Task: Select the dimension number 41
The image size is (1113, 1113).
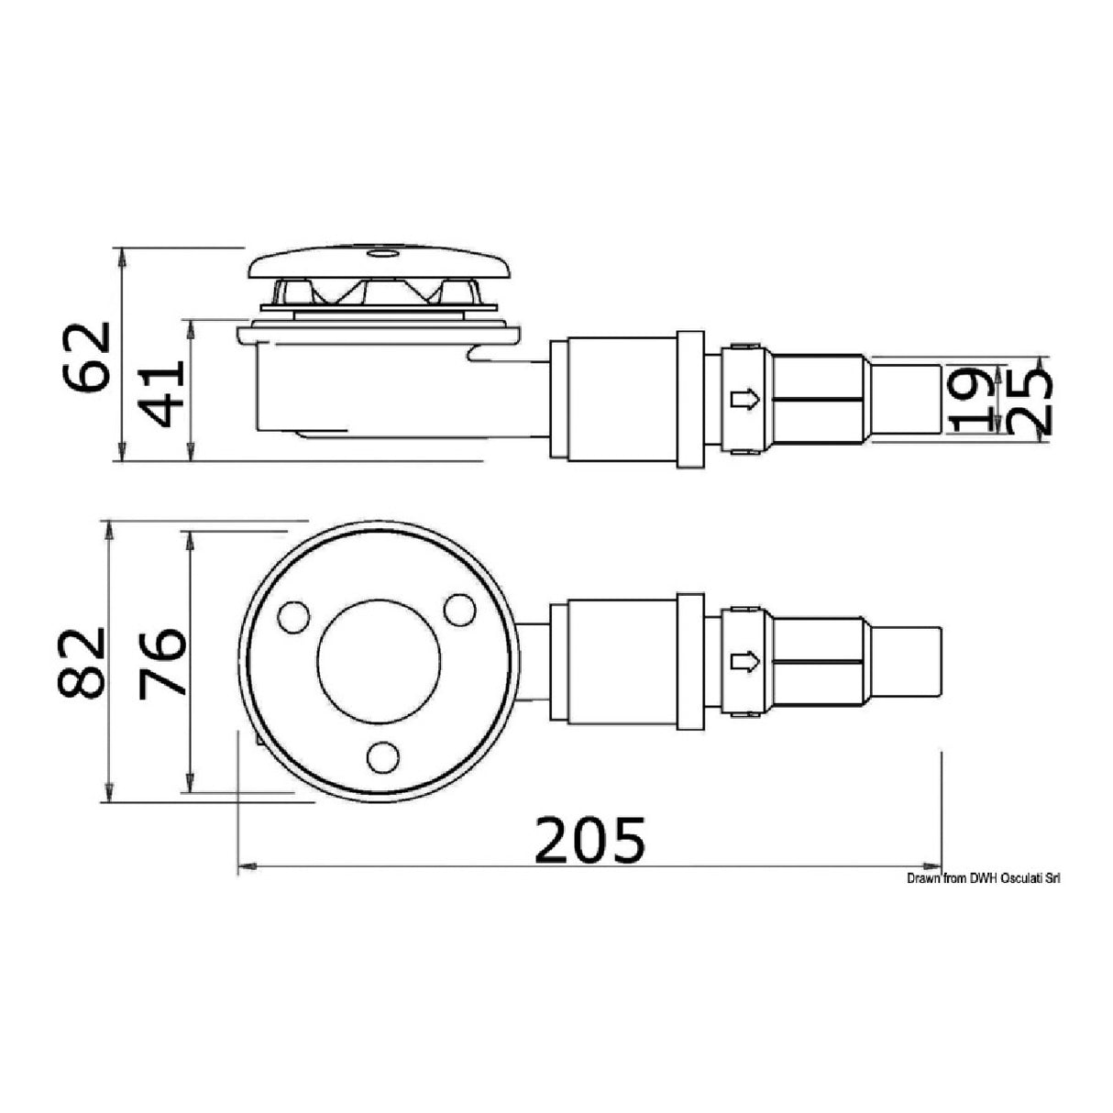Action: (x=165, y=392)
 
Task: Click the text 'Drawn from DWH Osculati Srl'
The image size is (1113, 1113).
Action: (x=983, y=878)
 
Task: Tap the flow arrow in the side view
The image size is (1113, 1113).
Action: (x=744, y=400)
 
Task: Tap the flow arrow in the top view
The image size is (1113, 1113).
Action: (x=744, y=661)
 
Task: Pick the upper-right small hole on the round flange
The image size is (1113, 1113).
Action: (x=458, y=608)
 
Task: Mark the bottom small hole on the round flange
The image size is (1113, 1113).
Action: (x=382, y=757)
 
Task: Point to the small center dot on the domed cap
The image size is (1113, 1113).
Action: (x=379, y=249)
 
